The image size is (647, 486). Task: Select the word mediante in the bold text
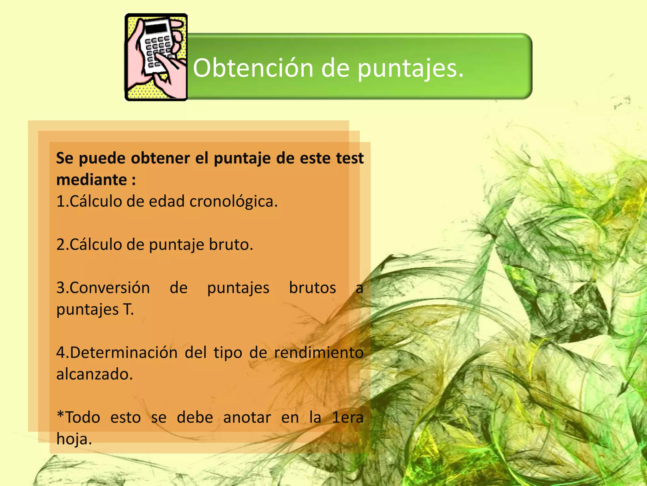point(92,180)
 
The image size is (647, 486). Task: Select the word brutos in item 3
point(312,288)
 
